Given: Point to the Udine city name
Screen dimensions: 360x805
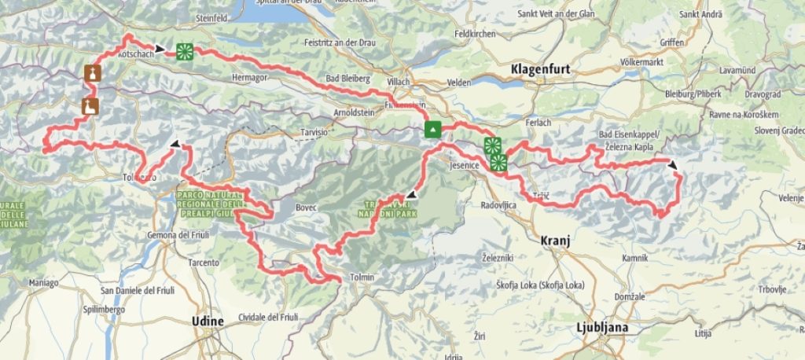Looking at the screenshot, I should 208,321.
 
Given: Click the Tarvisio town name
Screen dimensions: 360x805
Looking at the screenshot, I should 314,133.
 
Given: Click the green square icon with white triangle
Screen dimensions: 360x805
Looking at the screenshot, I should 432,129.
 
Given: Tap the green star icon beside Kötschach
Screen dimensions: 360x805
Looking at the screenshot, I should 184,51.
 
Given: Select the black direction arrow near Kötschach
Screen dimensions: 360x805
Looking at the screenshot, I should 160,49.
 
